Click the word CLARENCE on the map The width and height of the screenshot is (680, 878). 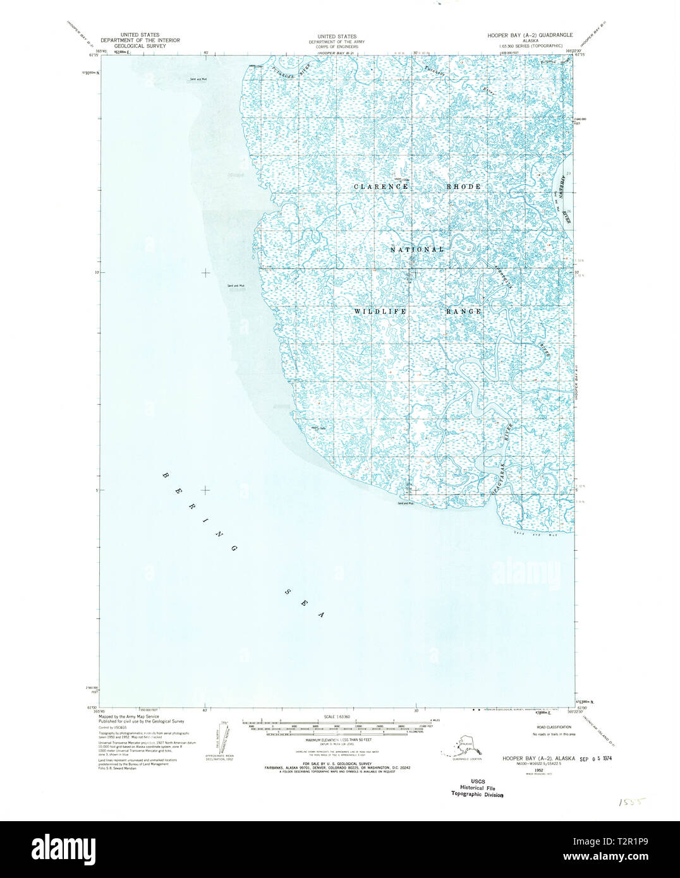coord(380,187)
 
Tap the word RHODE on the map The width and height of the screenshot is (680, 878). coord(464,187)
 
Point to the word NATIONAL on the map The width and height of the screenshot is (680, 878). coord(417,250)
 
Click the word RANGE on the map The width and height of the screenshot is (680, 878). coord(464,311)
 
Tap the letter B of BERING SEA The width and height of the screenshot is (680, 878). coord(166,475)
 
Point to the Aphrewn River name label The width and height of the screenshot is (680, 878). coord(564,199)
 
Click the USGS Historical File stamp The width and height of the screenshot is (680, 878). coord(477,788)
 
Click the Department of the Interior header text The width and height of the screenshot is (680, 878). coord(140,41)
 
